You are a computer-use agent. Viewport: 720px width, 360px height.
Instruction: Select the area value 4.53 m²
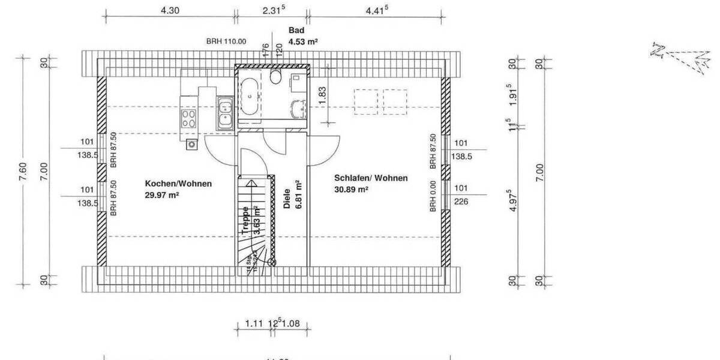303,42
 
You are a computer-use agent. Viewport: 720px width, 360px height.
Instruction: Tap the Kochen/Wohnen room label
178,184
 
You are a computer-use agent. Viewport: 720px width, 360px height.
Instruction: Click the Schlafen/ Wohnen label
371,178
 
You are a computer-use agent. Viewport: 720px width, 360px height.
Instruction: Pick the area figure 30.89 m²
351,189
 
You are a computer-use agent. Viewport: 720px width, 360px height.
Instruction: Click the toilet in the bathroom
277,76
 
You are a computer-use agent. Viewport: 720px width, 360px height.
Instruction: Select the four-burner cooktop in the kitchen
188,118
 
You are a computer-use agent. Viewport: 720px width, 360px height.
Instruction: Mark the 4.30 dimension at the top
170,10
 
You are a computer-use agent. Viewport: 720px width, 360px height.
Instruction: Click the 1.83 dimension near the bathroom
323,96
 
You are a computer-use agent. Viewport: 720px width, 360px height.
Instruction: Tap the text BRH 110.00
226,41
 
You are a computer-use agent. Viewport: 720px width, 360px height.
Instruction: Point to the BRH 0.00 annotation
432,196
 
